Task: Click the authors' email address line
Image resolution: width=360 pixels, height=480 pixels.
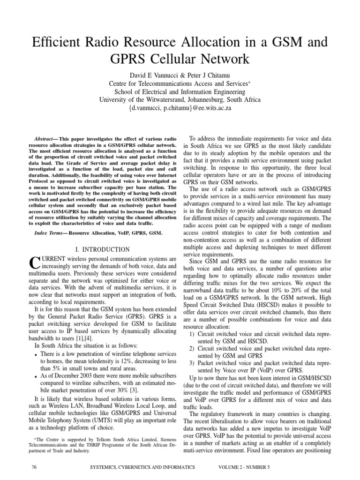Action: point(180,108)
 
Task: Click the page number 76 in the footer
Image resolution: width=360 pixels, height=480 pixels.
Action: point(33,468)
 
